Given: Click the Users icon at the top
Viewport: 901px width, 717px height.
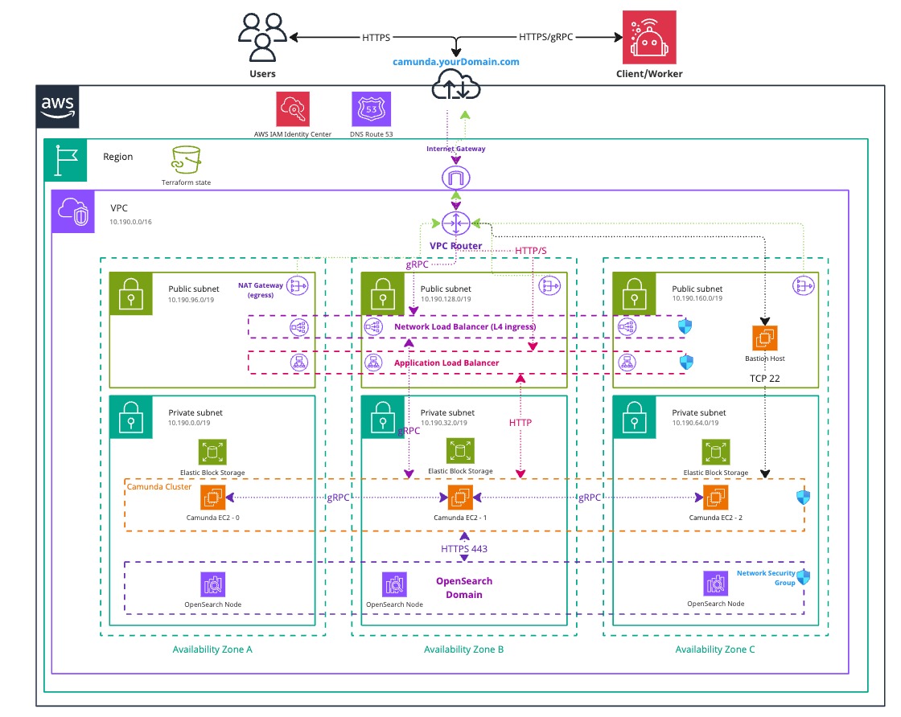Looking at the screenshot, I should (x=262, y=38).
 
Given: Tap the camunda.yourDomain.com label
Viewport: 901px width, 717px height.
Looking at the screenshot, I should (x=456, y=61).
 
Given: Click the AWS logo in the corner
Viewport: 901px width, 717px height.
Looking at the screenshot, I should (x=58, y=106).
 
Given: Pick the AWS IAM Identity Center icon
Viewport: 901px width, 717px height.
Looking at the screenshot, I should (x=293, y=108).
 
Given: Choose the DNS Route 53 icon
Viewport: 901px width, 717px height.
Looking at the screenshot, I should (x=371, y=108).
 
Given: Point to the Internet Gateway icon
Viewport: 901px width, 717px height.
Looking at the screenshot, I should (x=456, y=177).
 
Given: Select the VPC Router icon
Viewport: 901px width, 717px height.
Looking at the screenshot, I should (x=456, y=223).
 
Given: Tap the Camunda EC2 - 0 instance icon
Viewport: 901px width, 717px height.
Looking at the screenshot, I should (x=215, y=498).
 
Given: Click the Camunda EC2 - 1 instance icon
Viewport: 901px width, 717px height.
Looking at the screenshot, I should (x=460, y=498).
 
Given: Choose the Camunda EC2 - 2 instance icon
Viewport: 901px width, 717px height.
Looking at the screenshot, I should (x=715, y=498).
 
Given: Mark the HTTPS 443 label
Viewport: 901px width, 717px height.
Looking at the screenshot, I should (x=464, y=548).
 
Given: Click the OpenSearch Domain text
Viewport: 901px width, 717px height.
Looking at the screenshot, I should (x=463, y=588).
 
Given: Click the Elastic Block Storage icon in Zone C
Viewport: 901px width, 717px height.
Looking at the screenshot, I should (x=713, y=451).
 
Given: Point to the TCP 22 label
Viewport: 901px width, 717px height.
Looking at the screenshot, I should (x=764, y=376).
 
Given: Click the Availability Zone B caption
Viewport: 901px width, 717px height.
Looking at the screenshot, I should (x=463, y=649).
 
